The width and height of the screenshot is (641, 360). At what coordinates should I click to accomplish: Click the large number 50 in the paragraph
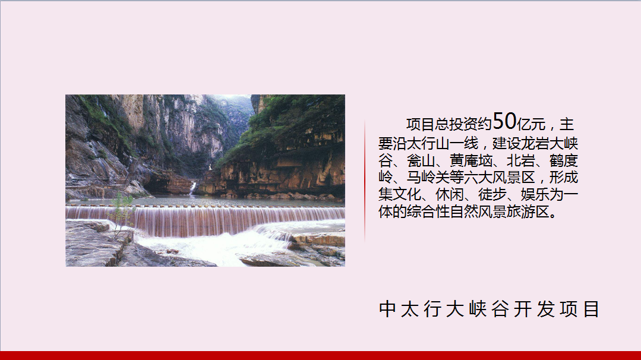coord(504,121)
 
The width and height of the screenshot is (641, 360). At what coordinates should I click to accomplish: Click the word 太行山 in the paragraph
coord(428,144)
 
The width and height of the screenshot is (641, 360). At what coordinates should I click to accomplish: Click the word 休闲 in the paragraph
coord(450,194)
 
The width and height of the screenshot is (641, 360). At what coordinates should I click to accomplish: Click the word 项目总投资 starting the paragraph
coord(442,124)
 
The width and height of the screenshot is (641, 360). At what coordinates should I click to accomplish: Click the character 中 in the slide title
coord(387,309)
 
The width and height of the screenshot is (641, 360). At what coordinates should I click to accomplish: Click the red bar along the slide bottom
coord(321,355)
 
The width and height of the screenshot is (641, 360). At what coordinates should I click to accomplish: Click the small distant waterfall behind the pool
coord(192,188)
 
